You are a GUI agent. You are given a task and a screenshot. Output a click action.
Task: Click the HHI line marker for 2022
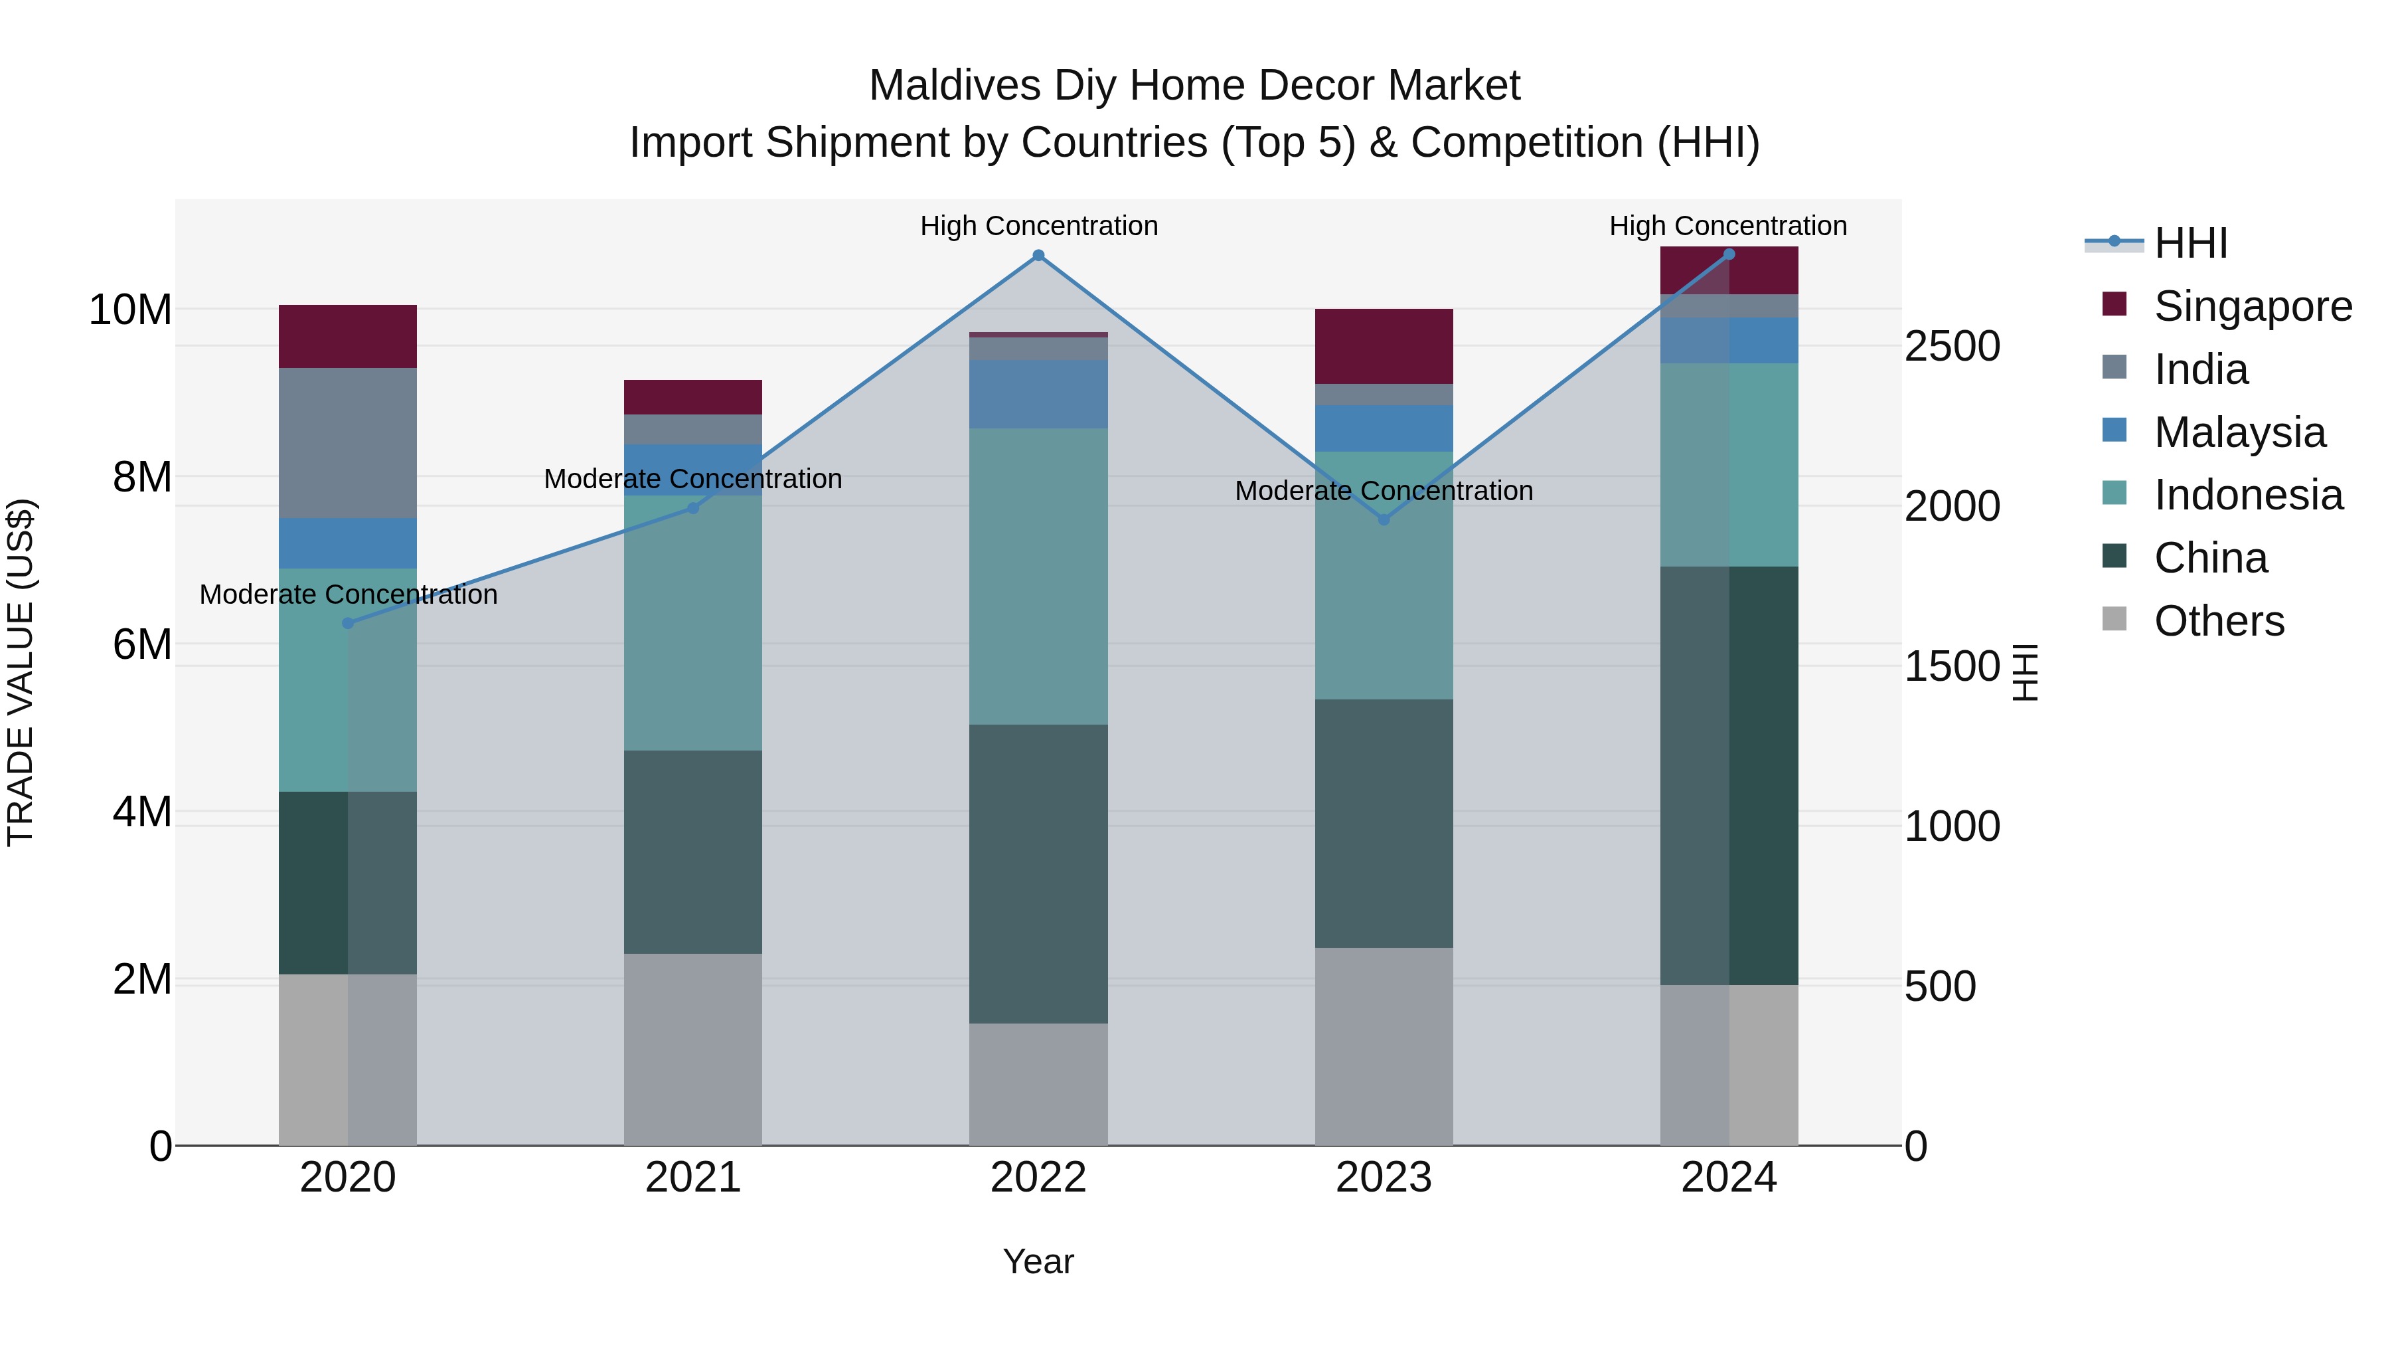(x=1038, y=255)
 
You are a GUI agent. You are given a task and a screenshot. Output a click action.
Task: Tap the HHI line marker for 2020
(x=348, y=623)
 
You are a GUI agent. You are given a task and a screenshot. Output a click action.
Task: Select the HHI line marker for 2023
(x=1384, y=520)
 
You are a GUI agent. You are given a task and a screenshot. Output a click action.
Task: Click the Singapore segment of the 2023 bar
(x=1384, y=346)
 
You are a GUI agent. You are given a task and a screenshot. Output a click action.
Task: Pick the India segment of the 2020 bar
(x=348, y=443)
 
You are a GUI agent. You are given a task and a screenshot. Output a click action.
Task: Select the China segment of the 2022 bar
(x=1038, y=873)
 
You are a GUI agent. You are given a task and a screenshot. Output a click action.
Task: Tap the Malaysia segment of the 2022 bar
(x=1038, y=395)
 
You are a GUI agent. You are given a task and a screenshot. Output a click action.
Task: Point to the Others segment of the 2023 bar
(x=1384, y=1046)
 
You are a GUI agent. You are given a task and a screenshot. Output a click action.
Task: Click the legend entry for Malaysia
(x=2238, y=432)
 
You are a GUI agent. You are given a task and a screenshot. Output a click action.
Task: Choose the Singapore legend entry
(x=2252, y=306)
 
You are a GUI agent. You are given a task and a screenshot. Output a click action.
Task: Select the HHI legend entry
(x=2190, y=243)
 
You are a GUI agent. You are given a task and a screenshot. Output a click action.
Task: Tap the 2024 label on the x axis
(x=1729, y=1178)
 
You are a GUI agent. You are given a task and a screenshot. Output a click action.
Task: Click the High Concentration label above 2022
(x=1038, y=226)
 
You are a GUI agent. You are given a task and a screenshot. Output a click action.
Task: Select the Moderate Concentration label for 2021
(x=692, y=479)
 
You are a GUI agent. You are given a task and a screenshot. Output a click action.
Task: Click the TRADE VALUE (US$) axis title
(x=21, y=672)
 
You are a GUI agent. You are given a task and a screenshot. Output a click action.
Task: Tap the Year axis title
(x=1038, y=1261)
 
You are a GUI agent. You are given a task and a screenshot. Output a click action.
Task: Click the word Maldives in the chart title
(x=954, y=86)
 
